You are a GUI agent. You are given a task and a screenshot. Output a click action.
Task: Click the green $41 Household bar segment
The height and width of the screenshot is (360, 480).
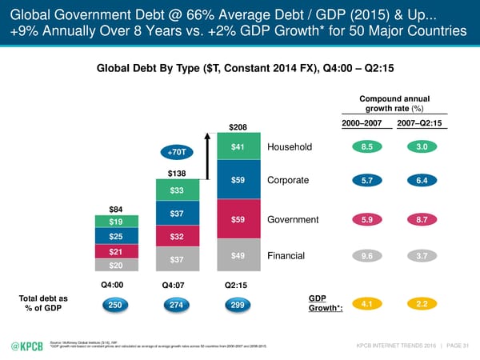pyautogui.click(x=238, y=147)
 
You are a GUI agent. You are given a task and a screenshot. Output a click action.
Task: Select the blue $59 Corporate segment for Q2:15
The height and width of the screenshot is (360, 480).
pyautogui.click(x=238, y=180)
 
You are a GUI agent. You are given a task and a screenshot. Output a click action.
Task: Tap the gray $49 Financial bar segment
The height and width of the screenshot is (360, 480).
pyautogui.click(x=238, y=256)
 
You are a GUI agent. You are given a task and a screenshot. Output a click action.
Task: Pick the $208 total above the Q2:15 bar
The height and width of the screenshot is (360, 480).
pyautogui.click(x=238, y=127)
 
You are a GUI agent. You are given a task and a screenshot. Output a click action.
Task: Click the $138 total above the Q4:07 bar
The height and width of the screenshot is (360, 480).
pyautogui.click(x=177, y=173)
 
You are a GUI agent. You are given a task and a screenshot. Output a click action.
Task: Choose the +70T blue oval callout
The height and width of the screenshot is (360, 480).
pyautogui.click(x=177, y=151)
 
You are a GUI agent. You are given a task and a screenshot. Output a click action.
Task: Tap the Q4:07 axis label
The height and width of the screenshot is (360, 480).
pyautogui.click(x=177, y=285)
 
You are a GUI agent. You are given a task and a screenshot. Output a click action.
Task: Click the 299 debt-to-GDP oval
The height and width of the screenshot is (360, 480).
pyautogui.click(x=238, y=305)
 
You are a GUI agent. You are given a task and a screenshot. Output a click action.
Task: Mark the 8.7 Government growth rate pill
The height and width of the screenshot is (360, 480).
pyautogui.click(x=421, y=220)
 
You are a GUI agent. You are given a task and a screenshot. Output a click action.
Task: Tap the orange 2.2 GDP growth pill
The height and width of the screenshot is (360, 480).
pyautogui.click(x=421, y=304)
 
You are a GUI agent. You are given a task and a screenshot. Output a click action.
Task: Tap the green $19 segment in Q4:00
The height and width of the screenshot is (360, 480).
pyautogui.click(x=116, y=221)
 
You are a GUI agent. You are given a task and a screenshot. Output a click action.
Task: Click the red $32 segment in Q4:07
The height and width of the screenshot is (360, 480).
pyautogui.click(x=177, y=237)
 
